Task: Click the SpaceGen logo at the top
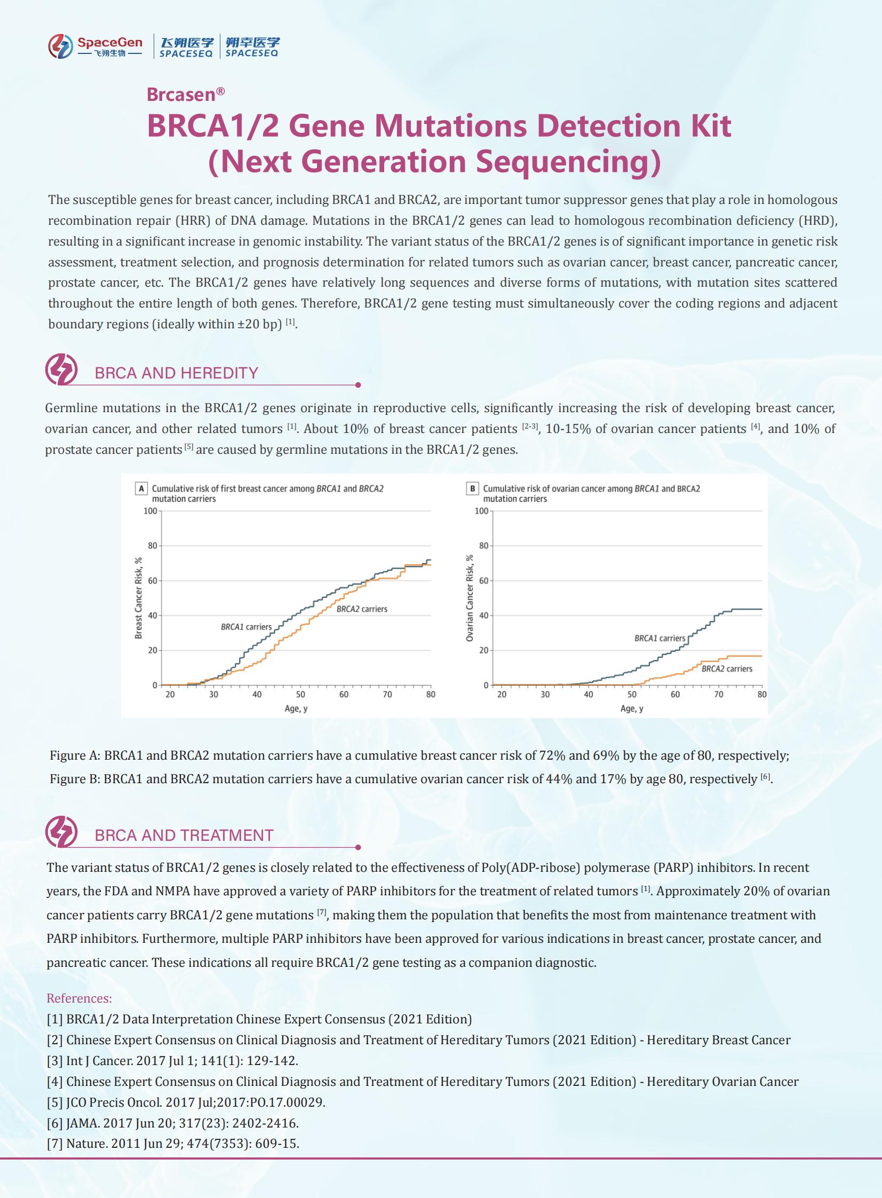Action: coord(95,46)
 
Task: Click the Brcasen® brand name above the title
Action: coord(185,94)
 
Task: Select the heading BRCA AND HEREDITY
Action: coord(176,373)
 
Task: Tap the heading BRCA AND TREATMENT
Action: coord(184,836)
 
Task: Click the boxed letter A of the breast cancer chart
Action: coord(141,488)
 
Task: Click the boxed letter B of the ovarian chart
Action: coord(473,488)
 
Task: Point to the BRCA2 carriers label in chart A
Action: coord(361,609)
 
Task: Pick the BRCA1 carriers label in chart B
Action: coord(659,639)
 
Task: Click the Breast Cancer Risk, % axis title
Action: coord(139,597)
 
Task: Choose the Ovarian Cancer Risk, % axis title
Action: coord(470,597)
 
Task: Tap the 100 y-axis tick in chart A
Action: coord(150,511)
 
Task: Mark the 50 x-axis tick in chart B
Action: coord(632,695)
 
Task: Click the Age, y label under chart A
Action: coord(296,709)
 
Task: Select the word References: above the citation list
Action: coord(79,998)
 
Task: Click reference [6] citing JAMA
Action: coord(172,1123)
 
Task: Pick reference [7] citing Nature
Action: coord(172,1144)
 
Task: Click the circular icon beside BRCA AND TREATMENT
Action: coord(61,832)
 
